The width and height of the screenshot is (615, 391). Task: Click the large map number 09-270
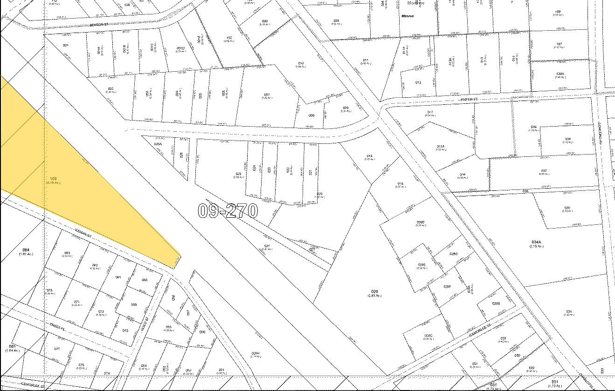[x=228, y=210]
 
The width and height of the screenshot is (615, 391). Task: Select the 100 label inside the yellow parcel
[x=53, y=179]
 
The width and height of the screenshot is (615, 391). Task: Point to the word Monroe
[x=408, y=15]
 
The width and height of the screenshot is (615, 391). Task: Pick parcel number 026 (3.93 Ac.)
[x=374, y=292]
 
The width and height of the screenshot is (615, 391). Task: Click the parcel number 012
[x=418, y=82]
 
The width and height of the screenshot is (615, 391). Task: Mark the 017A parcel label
[x=441, y=147]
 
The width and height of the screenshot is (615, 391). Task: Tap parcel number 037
[x=544, y=171]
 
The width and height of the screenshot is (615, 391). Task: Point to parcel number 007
[x=267, y=94]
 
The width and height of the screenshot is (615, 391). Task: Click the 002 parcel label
[x=111, y=88]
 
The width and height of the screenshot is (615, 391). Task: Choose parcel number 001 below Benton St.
[x=66, y=45]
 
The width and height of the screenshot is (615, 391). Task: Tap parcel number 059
[x=134, y=304]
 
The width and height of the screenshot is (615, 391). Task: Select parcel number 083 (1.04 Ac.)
[x=12, y=347]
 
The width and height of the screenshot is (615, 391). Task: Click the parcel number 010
[x=301, y=63]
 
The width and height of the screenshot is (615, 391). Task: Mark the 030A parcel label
[x=560, y=74]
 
